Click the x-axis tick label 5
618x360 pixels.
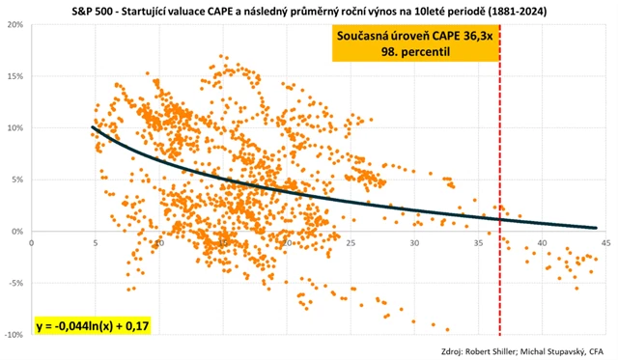(95, 242)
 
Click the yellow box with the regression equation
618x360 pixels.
(93, 326)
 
